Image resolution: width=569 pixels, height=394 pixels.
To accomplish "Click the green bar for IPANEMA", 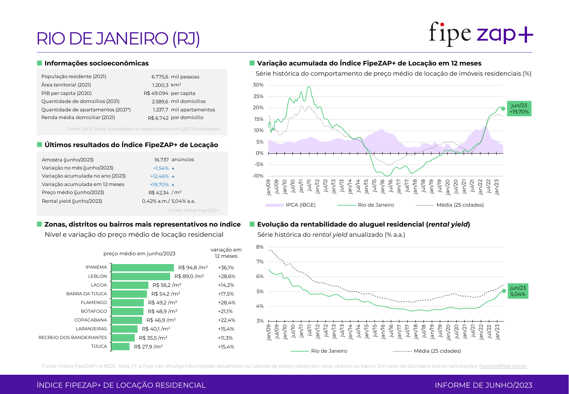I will pyautogui.click(x=142, y=268).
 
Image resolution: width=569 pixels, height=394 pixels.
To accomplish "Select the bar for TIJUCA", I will pyautogui.click(x=120, y=347).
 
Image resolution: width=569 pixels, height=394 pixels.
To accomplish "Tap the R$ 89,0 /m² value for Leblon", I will pyautogui.click(x=189, y=276).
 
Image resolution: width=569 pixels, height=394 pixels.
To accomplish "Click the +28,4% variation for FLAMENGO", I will pyautogui.click(x=227, y=303).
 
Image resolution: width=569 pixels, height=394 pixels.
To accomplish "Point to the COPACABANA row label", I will pyautogui.click(x=91, y=320).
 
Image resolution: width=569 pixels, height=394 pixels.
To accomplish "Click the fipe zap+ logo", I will pyautogui.click(x=481, y=34).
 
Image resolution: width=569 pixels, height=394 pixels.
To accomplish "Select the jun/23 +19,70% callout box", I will pyautogui.click(x=519, y=109).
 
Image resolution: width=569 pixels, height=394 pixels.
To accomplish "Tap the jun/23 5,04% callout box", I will pyautogui.click(x=518, y=291).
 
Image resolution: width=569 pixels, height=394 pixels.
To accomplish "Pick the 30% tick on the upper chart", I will pyautogui.click(x=258, y=85).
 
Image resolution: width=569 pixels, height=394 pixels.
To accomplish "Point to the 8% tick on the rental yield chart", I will pyautogui.click(x=260, y=247).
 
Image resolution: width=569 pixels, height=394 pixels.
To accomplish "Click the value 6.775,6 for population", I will pyautogui.click(x=160, y=77).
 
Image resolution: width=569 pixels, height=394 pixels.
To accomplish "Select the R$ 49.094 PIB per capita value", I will pyautogui.click(x=156, y=93).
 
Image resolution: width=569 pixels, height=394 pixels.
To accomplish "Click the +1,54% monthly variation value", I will pyautogui.click(x=161, y=168).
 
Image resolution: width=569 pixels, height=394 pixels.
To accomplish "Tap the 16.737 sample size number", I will pyautogui.click(x=161, y=160).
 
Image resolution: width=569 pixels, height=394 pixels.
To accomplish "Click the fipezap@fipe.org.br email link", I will pyautogui.click(x=503, y=366).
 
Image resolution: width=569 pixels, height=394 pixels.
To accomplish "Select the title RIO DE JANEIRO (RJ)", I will pyautogui.click(x=118, y=39).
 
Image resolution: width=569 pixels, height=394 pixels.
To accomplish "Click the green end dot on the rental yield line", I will pyautogui.click(x=504, y=291).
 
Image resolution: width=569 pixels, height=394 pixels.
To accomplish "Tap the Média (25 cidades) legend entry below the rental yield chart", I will pyautogui.click(x=437, y=351).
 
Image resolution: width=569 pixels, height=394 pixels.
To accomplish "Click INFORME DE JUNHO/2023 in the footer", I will pyautogui.click(x=483, y=385).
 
